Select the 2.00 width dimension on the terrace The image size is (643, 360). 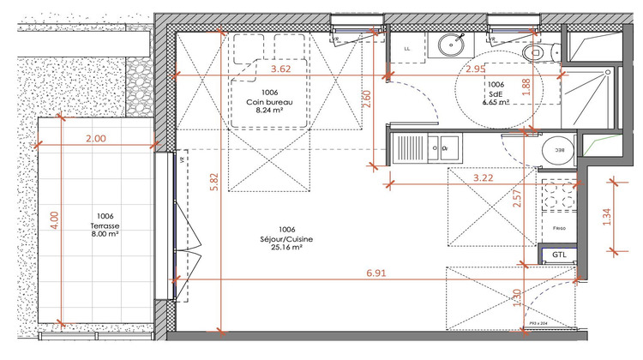[x=96, y=137]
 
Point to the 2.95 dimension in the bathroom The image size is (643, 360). [x=476, y=69]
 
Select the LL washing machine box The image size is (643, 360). [x=407, y=49]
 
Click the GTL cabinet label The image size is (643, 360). [x=558, y=255]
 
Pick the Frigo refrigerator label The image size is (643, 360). [x=558, y=229]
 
